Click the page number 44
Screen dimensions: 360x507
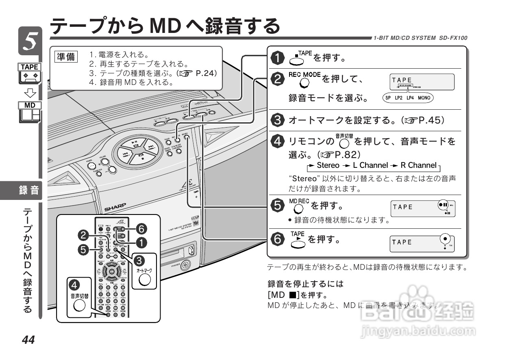pos(28,340)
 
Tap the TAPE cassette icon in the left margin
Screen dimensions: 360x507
pos(30,74)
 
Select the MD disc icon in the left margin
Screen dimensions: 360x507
pos(30,112)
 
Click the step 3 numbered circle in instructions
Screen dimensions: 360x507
pos(278,121)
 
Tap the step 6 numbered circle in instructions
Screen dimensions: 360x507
pos(278,240)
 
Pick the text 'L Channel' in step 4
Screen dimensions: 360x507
pos(370,165)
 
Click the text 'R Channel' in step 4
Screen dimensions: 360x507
pos(418,165)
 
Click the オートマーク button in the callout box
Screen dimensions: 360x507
pos(145,279)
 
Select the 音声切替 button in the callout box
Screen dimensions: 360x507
pos(80,304)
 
